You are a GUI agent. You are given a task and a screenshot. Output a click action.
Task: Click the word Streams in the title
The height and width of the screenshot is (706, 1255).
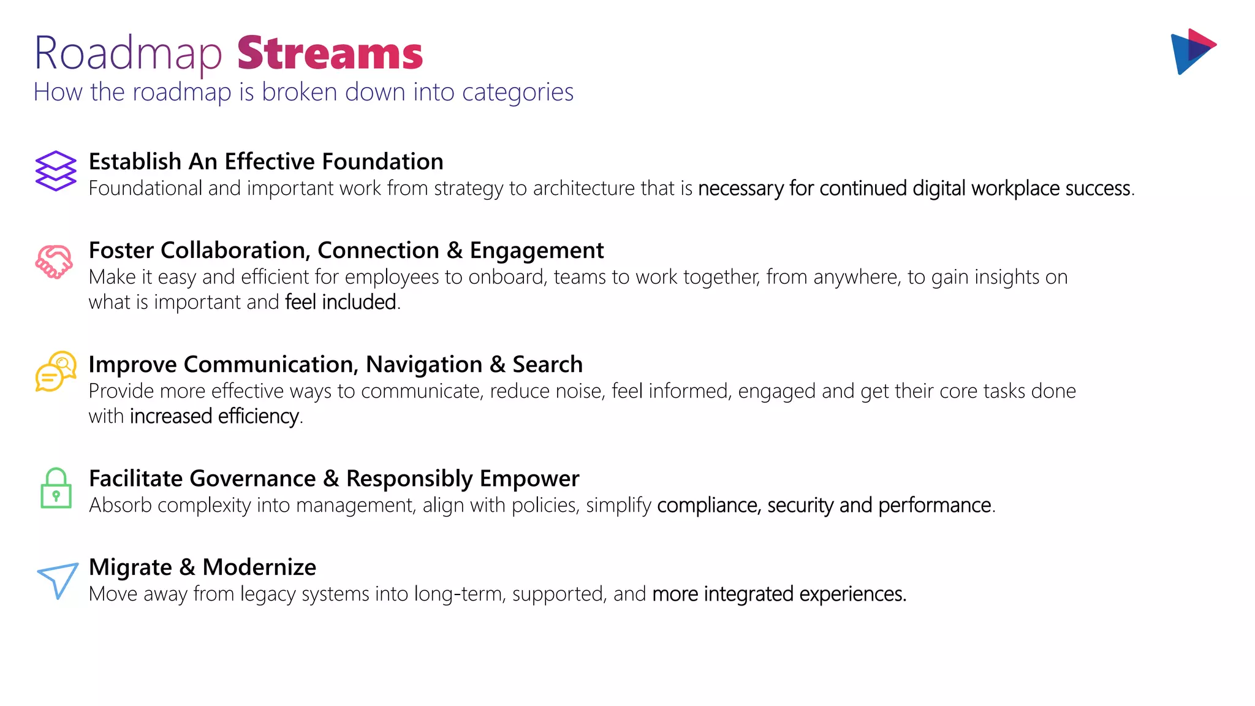[x=330, y=54]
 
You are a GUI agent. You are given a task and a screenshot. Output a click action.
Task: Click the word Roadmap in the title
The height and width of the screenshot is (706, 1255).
[x=127, y=54]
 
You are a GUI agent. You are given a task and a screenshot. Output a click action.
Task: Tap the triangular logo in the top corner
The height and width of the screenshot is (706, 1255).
[x=1192, y=51]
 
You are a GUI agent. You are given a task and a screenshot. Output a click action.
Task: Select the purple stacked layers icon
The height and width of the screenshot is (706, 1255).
[x=56, y=171]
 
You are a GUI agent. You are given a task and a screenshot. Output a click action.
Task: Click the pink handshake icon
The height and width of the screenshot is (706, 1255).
[x=55, y=262]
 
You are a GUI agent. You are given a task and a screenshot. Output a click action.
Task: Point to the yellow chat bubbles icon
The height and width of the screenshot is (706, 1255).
[x=56, y=371]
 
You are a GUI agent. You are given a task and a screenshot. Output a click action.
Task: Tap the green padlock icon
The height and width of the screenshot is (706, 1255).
[x=56, y=488]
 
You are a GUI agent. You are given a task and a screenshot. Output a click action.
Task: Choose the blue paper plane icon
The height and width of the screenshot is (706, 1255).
[x=58, y=580]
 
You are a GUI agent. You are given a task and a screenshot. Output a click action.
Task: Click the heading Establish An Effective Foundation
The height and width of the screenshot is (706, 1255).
[x=266, y=162]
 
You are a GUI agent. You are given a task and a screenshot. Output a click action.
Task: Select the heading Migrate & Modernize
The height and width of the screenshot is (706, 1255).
[x=202, y=567]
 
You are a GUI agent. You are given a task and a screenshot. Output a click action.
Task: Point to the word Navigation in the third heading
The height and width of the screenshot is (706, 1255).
[x=424, y=365]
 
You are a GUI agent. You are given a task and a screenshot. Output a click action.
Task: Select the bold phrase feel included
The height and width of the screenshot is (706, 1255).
[x=341, y=302]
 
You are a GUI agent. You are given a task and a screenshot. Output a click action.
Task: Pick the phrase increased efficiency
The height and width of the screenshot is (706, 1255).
[x=214, y=416]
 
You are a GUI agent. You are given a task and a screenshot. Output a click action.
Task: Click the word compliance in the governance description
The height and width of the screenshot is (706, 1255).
[x=708, y=506]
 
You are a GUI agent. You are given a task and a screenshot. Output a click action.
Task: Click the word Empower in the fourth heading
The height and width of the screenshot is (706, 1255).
[x=529, y=479]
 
